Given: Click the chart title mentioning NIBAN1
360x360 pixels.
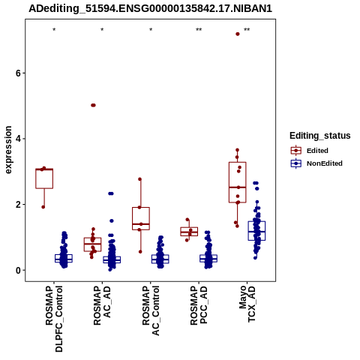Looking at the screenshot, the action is [150, 8].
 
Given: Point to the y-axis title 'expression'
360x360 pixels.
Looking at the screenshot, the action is [8, 150].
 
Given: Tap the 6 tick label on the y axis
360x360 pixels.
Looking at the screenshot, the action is [18, 73].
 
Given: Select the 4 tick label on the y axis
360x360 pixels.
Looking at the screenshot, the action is [18, 139].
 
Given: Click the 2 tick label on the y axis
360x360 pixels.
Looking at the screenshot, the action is [18, 205].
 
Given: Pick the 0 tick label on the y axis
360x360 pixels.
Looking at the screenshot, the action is [18, 270].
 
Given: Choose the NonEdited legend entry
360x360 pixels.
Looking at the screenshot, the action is [316, 163].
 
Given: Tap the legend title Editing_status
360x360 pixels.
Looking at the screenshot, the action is [320, 136].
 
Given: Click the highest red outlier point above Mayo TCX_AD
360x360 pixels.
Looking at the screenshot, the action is [238, 34].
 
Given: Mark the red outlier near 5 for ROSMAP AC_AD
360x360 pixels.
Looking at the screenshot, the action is [93, 105].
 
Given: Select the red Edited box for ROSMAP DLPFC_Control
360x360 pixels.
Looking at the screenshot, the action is [44, 178].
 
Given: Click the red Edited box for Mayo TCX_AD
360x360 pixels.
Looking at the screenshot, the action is [238, 182].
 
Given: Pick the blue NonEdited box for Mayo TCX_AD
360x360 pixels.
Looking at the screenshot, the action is [256, 231].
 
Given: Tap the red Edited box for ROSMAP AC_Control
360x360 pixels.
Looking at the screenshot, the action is [141, 218].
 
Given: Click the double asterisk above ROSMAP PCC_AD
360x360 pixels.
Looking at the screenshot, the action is [199, 30].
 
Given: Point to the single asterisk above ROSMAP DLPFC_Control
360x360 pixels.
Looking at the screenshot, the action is [54, 30].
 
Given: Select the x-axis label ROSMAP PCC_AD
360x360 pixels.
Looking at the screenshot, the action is [199, 305].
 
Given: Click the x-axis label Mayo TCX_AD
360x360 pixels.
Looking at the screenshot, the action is [247, 304].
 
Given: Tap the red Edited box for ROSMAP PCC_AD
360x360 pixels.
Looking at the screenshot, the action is [189, 232].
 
